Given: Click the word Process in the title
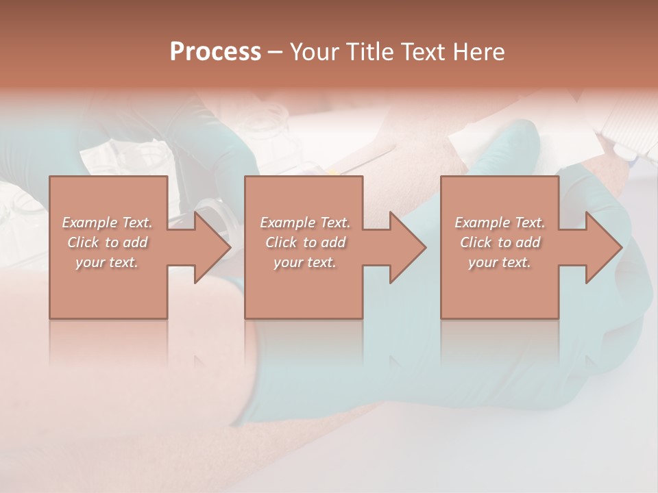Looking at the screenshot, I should pyautogui.click(x=215, y=52).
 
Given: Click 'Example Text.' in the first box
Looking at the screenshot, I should pyautogui.click(x=108, y=223).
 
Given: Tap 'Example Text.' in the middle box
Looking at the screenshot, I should pyautogui.click(x=305, y=223).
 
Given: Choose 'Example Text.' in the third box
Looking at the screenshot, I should pyautogui.click(x=500, y=223).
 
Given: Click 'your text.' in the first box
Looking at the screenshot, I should pyautogui.click(x=107, y=262).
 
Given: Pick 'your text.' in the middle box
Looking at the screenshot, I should pyautogui.click(x=304, y=262).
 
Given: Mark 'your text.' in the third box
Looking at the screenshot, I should pyautogui.click(x=499, y=262).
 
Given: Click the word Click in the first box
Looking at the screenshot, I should pyautogui.click(x=83, y=242).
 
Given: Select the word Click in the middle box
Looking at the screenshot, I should pyautogui.click(x=281, y=242).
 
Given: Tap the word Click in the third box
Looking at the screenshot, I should pyautogui.click(x=476, y=242).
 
